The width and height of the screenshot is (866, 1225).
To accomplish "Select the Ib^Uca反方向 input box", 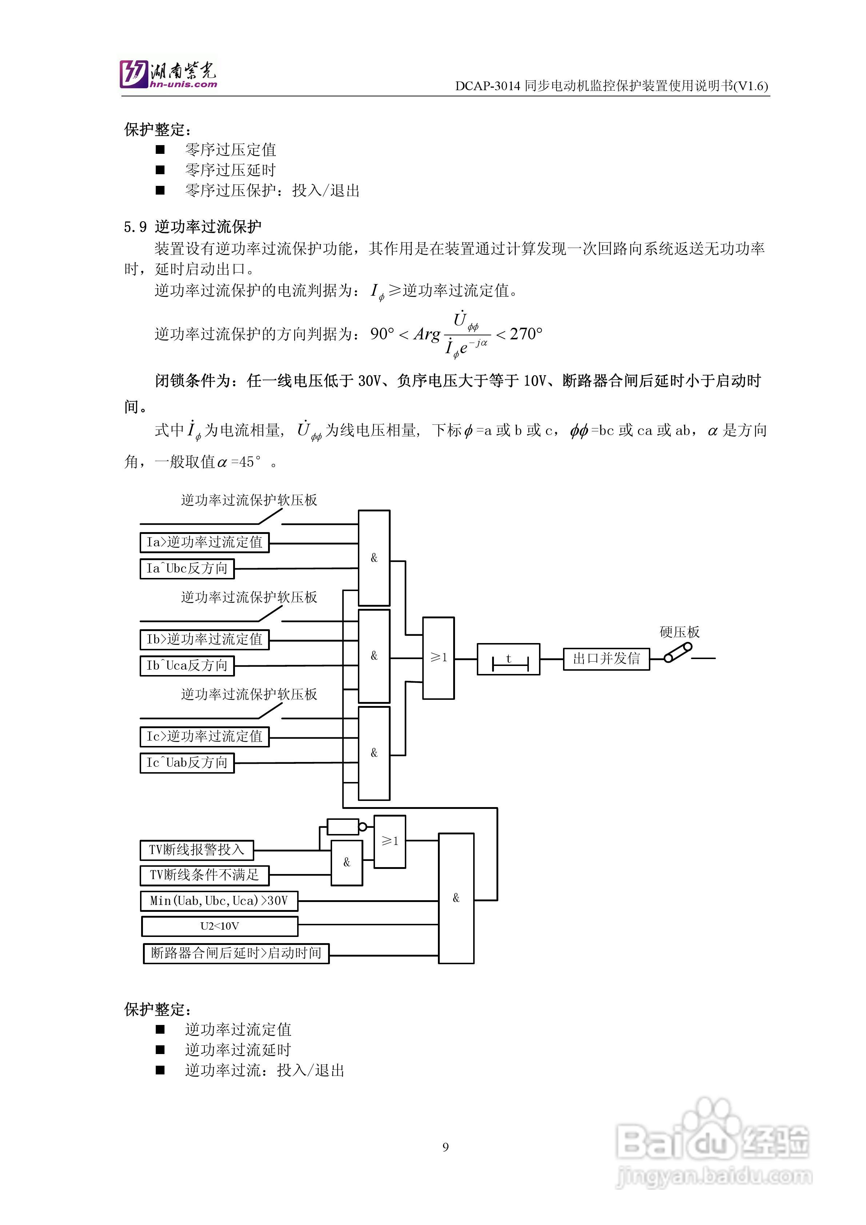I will pyautogui.click(x=187, y=665).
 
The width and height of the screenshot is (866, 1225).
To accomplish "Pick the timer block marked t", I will pyautogui.click(x=508, y=659).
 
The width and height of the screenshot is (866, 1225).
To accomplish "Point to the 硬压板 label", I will pyautogui.click(x=679, y=632).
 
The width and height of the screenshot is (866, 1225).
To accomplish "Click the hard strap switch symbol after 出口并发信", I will pyautogui.click(x=678, y=653).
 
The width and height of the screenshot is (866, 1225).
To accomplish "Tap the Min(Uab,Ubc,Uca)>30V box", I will pyautogui.click(x=219, y=901).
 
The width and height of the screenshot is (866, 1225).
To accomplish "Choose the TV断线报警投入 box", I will pyautogui.click(x=196, y=849).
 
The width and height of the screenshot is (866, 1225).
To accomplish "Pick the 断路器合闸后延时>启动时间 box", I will pyautogui.click(x=236, y=953).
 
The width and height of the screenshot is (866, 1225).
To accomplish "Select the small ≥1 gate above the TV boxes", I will pyautogui.click(x=390, y=841).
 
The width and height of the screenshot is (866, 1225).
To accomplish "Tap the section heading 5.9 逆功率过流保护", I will pyautogui.click(x=193, y=227).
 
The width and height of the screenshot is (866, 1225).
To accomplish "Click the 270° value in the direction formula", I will pyautogui.click(x=526, y=334).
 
